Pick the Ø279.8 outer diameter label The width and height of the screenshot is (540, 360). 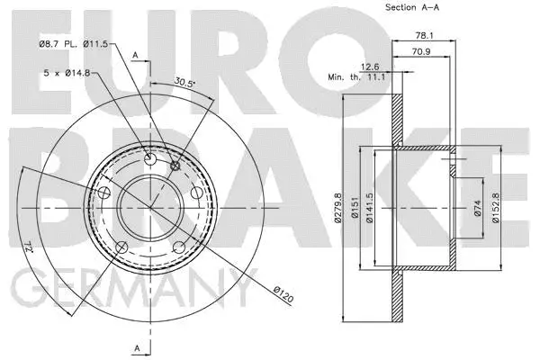338,208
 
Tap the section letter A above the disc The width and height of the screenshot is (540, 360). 137,56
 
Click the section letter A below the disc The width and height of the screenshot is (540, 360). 136,347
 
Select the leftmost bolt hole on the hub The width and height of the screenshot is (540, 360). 105,193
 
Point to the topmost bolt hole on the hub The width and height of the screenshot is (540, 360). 150,160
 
